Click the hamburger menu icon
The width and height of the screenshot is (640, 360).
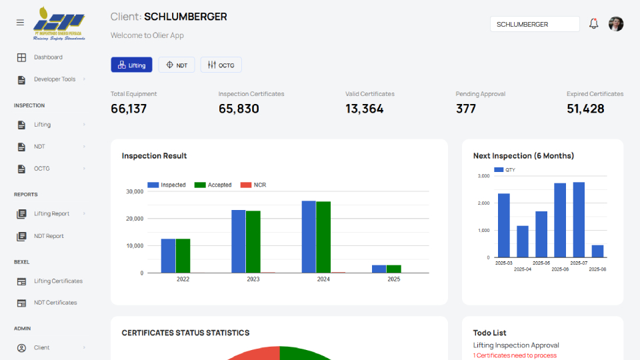pos(20,22)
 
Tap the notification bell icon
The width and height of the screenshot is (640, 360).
pos(593,24)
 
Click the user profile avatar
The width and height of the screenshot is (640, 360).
pos(616,24)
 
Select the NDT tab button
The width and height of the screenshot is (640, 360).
pos(177,65)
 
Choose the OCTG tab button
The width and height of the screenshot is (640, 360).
pos(221,65)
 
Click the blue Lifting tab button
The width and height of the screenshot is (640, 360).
pos(131,65)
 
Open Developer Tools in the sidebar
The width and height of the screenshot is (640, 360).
pos(55,79)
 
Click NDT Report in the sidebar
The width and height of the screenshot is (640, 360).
pos(49,236)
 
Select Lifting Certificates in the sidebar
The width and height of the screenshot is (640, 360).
pos(58,281)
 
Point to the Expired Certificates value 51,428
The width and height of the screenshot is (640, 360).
pos(585,109)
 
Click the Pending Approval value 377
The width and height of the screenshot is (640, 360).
pos(466,109)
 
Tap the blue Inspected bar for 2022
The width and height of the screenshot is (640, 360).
pos(168,255)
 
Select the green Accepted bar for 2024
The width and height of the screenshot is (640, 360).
pos(323,237)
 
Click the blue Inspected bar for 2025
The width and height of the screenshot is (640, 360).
pos(379,269)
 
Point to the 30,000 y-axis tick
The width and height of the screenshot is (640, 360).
pos(134,191)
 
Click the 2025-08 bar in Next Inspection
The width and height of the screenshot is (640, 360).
pos(597,251)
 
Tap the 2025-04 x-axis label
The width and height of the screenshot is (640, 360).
pos(523,269)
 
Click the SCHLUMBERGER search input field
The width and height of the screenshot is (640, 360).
pos(535,24)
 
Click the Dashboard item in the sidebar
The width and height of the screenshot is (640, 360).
pos(48,57)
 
